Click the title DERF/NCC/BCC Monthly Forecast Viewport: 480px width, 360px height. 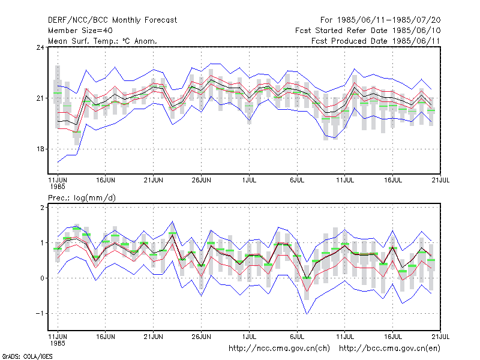coord(112,20)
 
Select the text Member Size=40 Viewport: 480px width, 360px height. coord(80,31)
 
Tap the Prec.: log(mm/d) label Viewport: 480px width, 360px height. coord(82,198)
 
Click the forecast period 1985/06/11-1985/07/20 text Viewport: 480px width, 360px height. coord(380,20)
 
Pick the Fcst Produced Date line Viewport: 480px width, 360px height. coord(376,41)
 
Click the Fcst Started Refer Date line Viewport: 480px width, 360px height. coord(368,31)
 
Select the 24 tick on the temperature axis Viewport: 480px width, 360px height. coord(40,47)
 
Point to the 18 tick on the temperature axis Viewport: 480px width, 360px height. coord(40,149)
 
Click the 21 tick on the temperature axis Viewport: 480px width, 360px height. coord(40,98)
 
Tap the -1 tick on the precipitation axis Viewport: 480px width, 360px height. coord(40,313)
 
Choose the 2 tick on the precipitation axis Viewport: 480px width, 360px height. coord(42,207)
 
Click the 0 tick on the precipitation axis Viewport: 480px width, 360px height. coord(42,278)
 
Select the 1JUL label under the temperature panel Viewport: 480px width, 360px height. coord(249,181)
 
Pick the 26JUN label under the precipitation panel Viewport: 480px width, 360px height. coord(202,337)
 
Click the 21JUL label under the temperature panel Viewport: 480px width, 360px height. coord(440,181)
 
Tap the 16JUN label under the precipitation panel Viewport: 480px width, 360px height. coord(106,337)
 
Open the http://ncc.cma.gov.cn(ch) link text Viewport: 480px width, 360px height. coord(279,349)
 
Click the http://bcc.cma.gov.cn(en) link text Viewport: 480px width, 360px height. coord(389,349)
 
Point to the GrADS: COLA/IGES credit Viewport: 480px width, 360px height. coord(27,356)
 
